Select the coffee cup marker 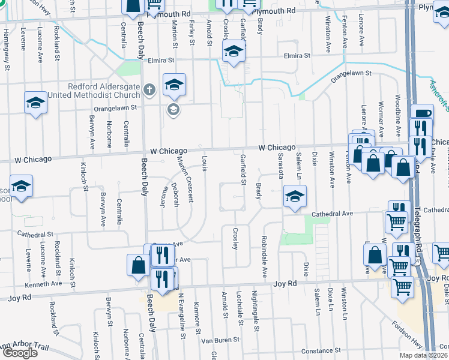(421, 114)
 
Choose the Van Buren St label (220, 340)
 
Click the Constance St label (321, 350)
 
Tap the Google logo (20, 353)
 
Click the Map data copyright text (423, 355)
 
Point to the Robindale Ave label (264, 256)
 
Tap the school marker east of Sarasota (294, 196)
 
